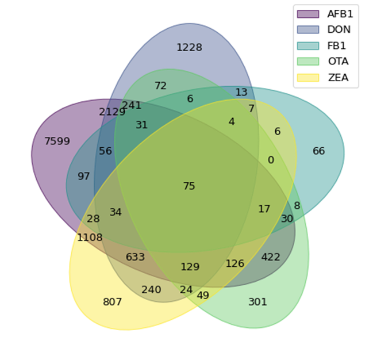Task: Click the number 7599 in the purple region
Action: (57, 141)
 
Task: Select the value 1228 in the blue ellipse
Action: (189, 48)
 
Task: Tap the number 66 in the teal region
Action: (319, 151)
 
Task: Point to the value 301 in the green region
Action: (257, 302)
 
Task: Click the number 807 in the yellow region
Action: (113, 302)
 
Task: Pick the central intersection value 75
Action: (189, 186)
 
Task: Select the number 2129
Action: (112, 112)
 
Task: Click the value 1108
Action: (90, 238)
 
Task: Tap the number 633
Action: (135, 257)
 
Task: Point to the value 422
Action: (271, 257)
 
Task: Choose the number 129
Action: (190, 267)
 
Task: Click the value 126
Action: (234, 264)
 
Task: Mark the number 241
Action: (132, 105)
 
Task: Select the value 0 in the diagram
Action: (271, 160)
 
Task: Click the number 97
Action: (84, 177)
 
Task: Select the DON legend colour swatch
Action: (307, 29)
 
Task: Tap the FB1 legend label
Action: (336, 45)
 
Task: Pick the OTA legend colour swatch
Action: (307, 62)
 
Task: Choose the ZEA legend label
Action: (337, 78)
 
